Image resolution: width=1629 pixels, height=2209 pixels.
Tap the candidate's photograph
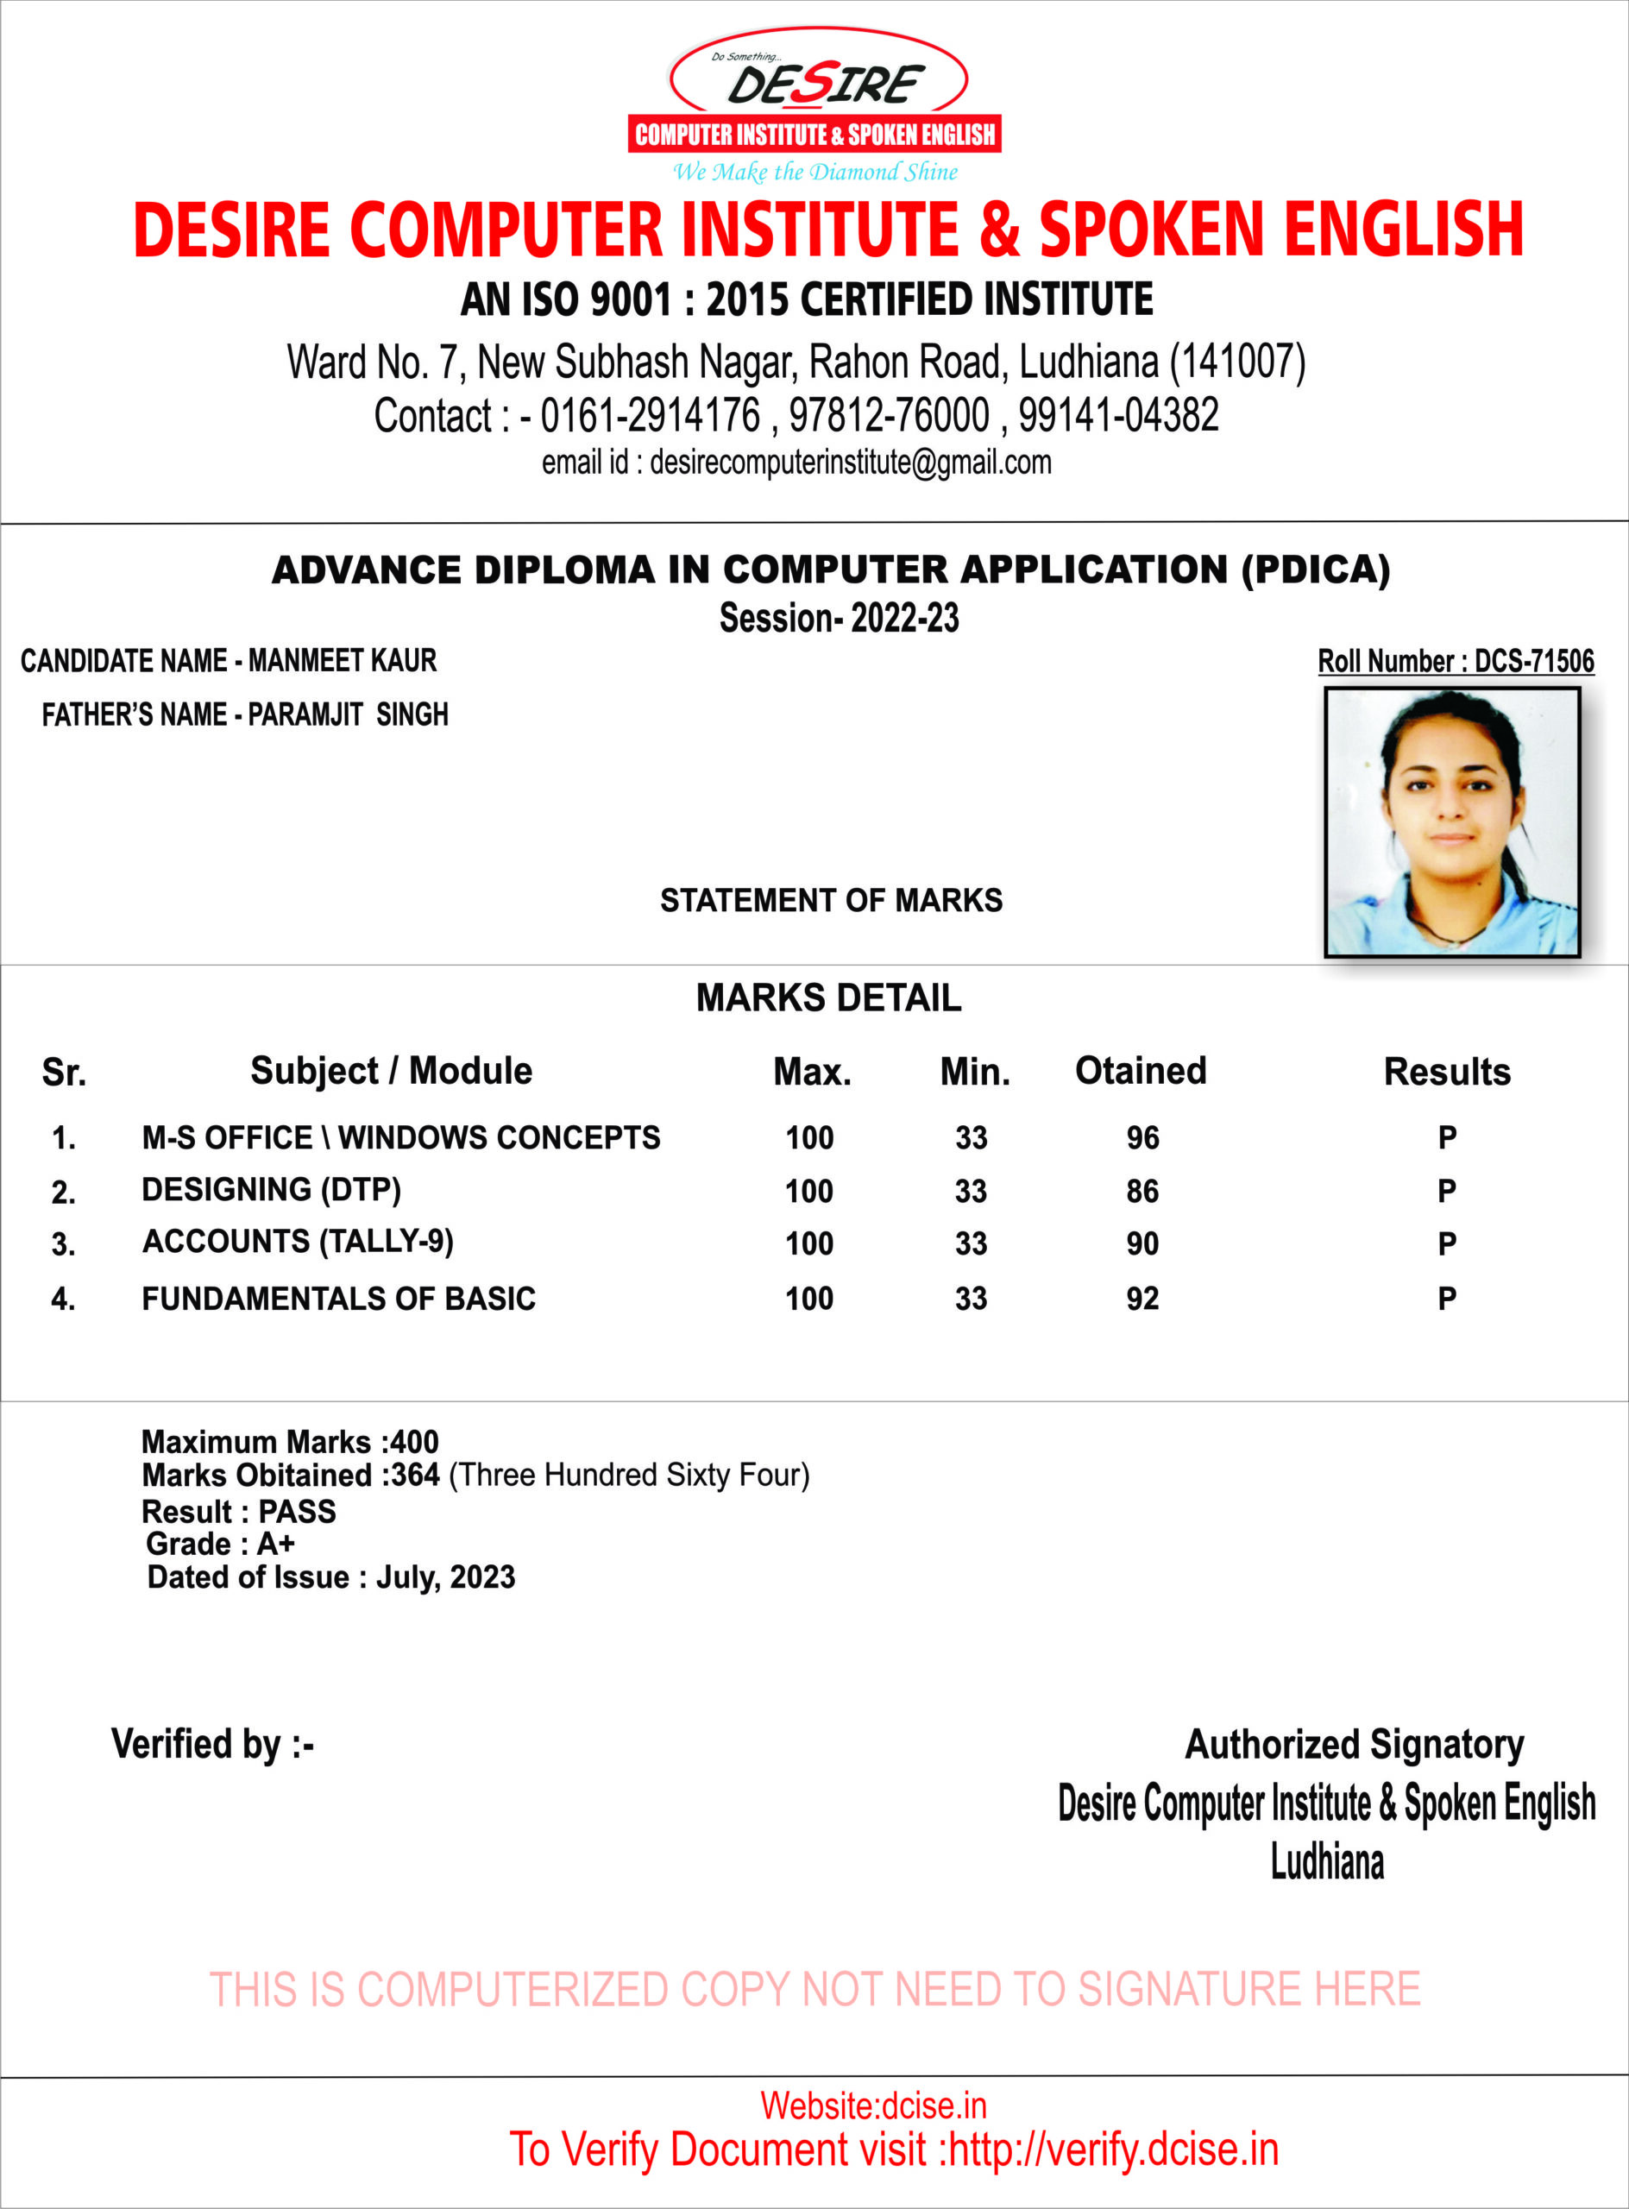[1451, 821]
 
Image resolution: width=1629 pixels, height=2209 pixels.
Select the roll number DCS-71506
[1533, 662]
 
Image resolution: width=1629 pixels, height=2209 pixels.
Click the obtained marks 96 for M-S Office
[1143, 1138]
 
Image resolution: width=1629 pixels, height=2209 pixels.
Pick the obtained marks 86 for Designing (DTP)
[1143, 1192]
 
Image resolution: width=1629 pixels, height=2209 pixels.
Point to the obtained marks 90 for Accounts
[1143, 1243]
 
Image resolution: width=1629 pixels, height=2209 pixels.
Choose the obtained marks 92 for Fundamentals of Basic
[1143, 1298]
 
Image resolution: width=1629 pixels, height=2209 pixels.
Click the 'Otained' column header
[1140, 1070]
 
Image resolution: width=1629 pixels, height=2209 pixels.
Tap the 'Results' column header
[1447, 1071]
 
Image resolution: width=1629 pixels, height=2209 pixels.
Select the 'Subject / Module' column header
[391, 1070]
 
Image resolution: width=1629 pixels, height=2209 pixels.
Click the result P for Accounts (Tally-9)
[1447, 1243]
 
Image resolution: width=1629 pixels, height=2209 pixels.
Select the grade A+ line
[221, 1544]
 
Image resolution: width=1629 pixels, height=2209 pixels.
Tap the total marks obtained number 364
[415, 1476]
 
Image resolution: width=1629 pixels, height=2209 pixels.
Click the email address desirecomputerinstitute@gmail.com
[850, 462]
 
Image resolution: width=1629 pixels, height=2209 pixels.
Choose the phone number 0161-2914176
[651, 415]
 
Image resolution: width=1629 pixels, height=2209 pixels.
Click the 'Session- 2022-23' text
[840, 619]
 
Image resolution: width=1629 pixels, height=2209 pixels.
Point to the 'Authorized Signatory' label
[1354, 1744]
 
